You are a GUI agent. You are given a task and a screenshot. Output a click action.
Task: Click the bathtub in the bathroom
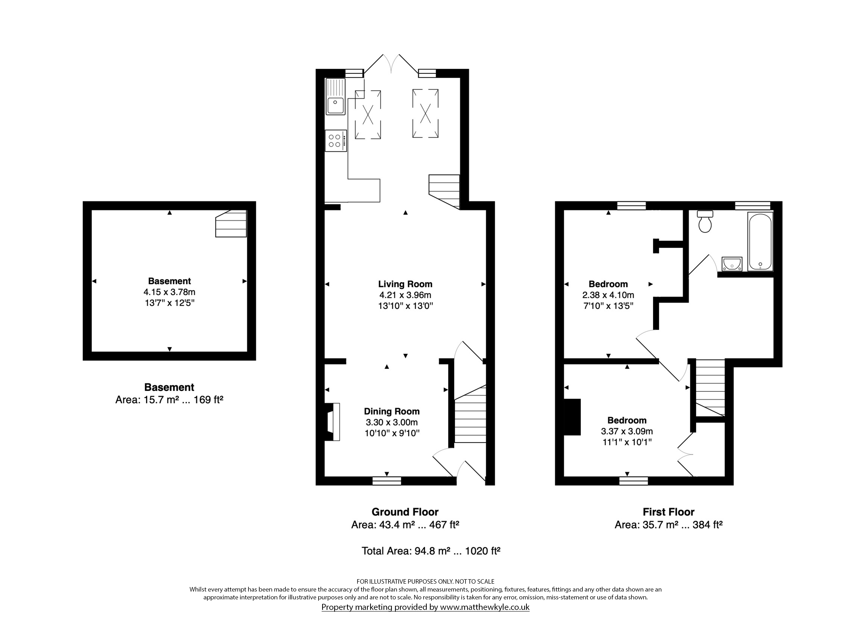coord(760,241)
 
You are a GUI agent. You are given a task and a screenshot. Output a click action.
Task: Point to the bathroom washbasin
coord(732,264)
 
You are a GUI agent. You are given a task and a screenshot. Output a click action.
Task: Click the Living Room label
coord(405,284)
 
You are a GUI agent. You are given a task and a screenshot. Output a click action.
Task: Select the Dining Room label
coord(392,411)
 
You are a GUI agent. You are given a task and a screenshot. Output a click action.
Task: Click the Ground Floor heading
coord(405,512)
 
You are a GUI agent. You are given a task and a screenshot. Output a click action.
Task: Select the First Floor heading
coord(669,512)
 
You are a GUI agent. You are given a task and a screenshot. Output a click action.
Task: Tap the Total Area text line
coord(431,551)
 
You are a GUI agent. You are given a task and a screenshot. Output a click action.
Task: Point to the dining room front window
coord(387,481)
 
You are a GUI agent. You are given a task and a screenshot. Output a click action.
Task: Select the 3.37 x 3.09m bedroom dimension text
coord(627,431)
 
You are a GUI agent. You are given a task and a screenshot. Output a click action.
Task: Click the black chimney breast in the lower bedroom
coord(572,417)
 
